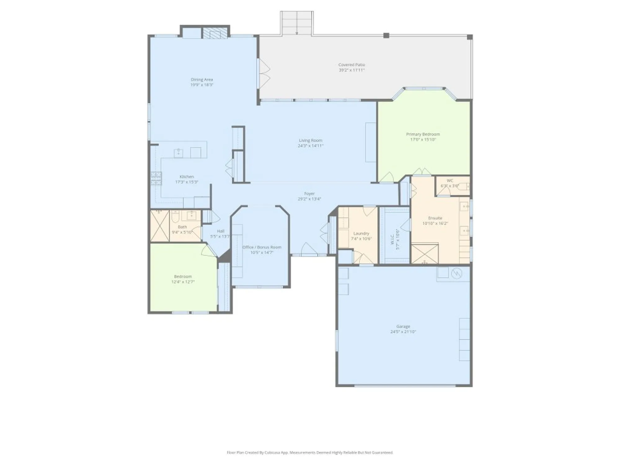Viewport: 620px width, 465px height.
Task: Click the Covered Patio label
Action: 352,65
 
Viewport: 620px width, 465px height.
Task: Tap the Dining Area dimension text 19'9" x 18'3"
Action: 202,85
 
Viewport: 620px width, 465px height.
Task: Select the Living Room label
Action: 310,140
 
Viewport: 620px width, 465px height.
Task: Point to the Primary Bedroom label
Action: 423,134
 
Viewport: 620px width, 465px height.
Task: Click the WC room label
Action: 450,181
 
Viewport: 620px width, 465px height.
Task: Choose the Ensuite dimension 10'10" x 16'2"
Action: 435,223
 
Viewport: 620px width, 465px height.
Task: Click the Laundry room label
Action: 361,233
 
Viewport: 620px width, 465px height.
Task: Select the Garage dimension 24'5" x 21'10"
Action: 403,332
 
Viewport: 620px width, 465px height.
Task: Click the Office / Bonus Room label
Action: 262,247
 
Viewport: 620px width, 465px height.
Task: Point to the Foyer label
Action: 309,194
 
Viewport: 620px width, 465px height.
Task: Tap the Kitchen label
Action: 187,177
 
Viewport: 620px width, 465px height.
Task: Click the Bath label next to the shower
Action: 182,227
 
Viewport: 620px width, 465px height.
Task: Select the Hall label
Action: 221,231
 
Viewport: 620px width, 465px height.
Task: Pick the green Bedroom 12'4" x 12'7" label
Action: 183,277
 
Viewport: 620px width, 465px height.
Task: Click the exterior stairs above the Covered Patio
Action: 297,23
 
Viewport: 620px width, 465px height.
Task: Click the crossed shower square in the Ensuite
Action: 424,254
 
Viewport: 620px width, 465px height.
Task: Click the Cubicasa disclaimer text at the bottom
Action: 310,453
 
